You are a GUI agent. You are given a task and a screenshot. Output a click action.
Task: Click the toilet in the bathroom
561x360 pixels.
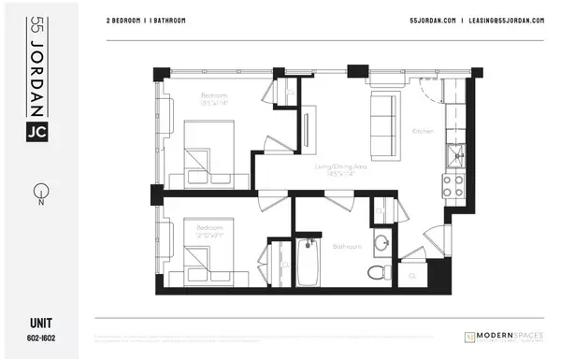coord(376,271)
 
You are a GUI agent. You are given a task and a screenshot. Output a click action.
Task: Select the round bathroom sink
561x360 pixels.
coord(381,245)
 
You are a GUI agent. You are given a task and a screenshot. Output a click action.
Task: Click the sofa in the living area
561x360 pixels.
coord(381,123)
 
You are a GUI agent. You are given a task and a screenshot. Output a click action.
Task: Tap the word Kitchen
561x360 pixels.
coord(423,131)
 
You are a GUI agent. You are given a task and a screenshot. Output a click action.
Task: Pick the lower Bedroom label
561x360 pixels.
coord(209,227)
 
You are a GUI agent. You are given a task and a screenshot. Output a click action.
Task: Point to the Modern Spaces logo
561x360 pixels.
coord(504,335)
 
